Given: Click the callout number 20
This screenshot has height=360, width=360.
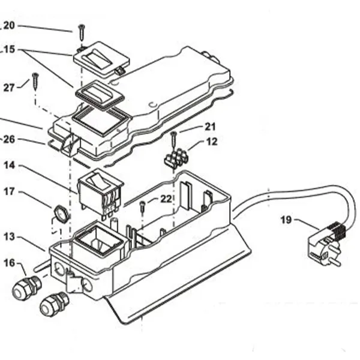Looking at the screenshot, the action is coord(9,25).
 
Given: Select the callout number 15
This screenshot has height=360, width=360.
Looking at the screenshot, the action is coord(9,49).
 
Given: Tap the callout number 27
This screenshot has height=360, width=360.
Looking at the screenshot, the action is coord(9,88).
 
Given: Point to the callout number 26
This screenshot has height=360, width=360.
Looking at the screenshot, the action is coord(9,139).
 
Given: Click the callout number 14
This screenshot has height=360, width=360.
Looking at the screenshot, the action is coord(9,166).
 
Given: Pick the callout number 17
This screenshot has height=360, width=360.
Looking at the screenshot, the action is coord(9,191).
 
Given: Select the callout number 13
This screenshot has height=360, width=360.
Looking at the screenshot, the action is coord(9,237).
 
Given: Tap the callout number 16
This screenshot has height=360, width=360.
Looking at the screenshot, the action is coord(9,263).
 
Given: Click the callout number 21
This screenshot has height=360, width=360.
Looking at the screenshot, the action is coord(211,127).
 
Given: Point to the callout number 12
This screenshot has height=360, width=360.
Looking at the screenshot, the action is coord(212,142).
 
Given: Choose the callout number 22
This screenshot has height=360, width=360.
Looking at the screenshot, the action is coord(166,199).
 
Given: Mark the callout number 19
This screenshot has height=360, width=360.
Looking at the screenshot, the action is coord(287,220).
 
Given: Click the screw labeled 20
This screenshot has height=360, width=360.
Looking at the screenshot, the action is coord(82,32).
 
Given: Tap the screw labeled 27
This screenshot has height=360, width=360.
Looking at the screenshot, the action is coord(35,82).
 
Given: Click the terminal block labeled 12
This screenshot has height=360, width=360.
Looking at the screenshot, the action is coord(176,158).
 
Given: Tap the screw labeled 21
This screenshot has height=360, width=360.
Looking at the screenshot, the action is coord(174,140).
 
